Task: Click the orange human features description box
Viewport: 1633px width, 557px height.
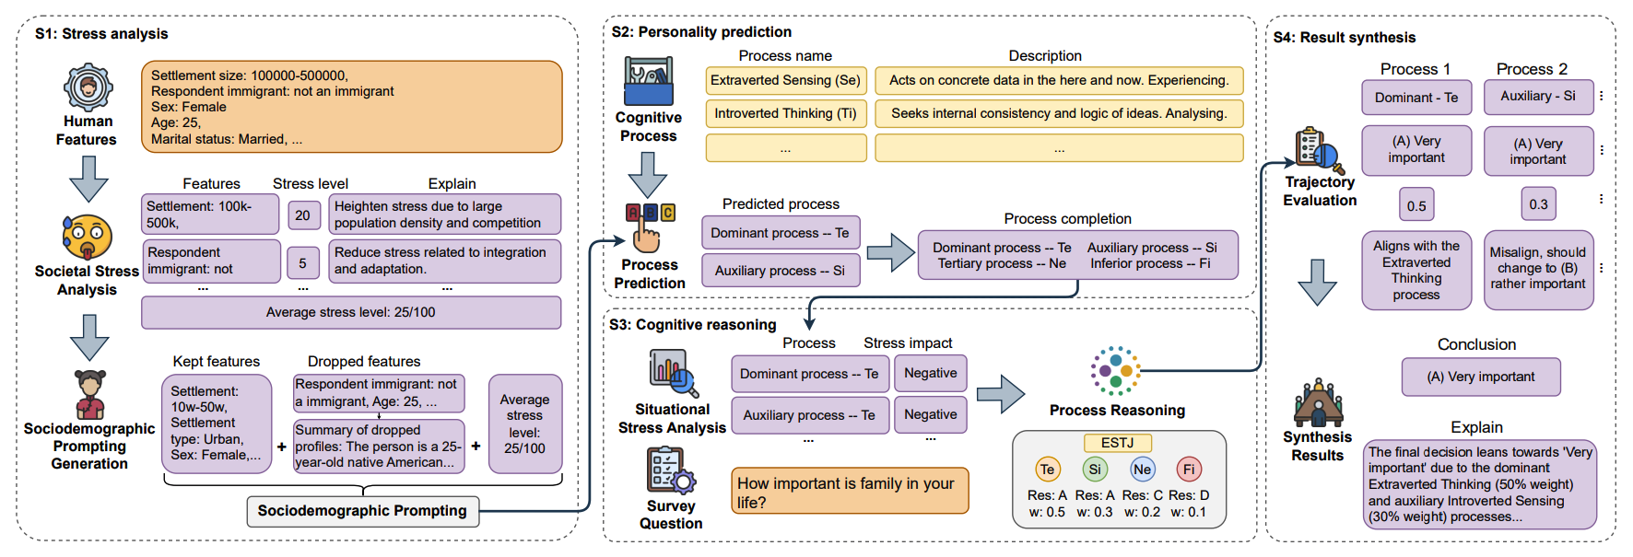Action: [351, 107]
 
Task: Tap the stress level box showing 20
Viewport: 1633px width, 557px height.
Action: [303, 215]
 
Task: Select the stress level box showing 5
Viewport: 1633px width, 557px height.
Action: [303, 263]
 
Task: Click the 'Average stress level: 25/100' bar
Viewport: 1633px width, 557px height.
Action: [351, 313]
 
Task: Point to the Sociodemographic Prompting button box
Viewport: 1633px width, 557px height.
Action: [362, 511]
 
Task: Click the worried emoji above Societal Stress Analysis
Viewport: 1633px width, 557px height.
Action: [88, 237]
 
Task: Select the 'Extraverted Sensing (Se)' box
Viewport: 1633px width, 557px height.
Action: [785, 81]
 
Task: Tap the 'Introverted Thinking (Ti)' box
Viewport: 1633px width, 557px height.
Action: [785, 114]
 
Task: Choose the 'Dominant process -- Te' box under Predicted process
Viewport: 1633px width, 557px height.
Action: [780, 233]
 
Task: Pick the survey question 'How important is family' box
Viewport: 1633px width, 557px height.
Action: [850, 493]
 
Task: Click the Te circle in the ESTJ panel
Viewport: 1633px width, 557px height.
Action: [1047, 470]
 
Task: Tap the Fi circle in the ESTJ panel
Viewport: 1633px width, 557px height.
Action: [1189, 470]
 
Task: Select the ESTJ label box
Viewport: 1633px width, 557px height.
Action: [1117, 443]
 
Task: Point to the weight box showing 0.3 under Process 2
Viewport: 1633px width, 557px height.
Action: [1538, 204]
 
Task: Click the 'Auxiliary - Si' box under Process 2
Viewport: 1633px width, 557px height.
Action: [1538, 97]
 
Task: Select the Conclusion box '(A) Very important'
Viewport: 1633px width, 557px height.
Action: [1481, 377]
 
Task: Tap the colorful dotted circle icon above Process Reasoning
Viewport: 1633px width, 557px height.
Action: [1116, 371]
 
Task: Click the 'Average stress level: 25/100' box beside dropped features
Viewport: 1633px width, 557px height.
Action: [524, 424]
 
